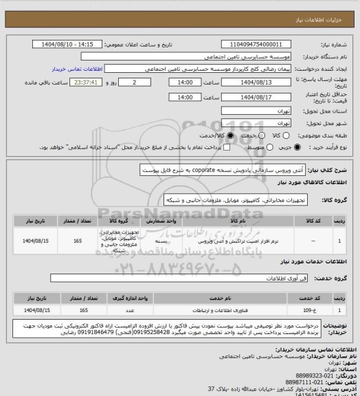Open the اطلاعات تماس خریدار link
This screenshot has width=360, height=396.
76,69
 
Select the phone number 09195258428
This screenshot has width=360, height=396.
146,339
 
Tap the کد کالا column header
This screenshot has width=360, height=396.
315,222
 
